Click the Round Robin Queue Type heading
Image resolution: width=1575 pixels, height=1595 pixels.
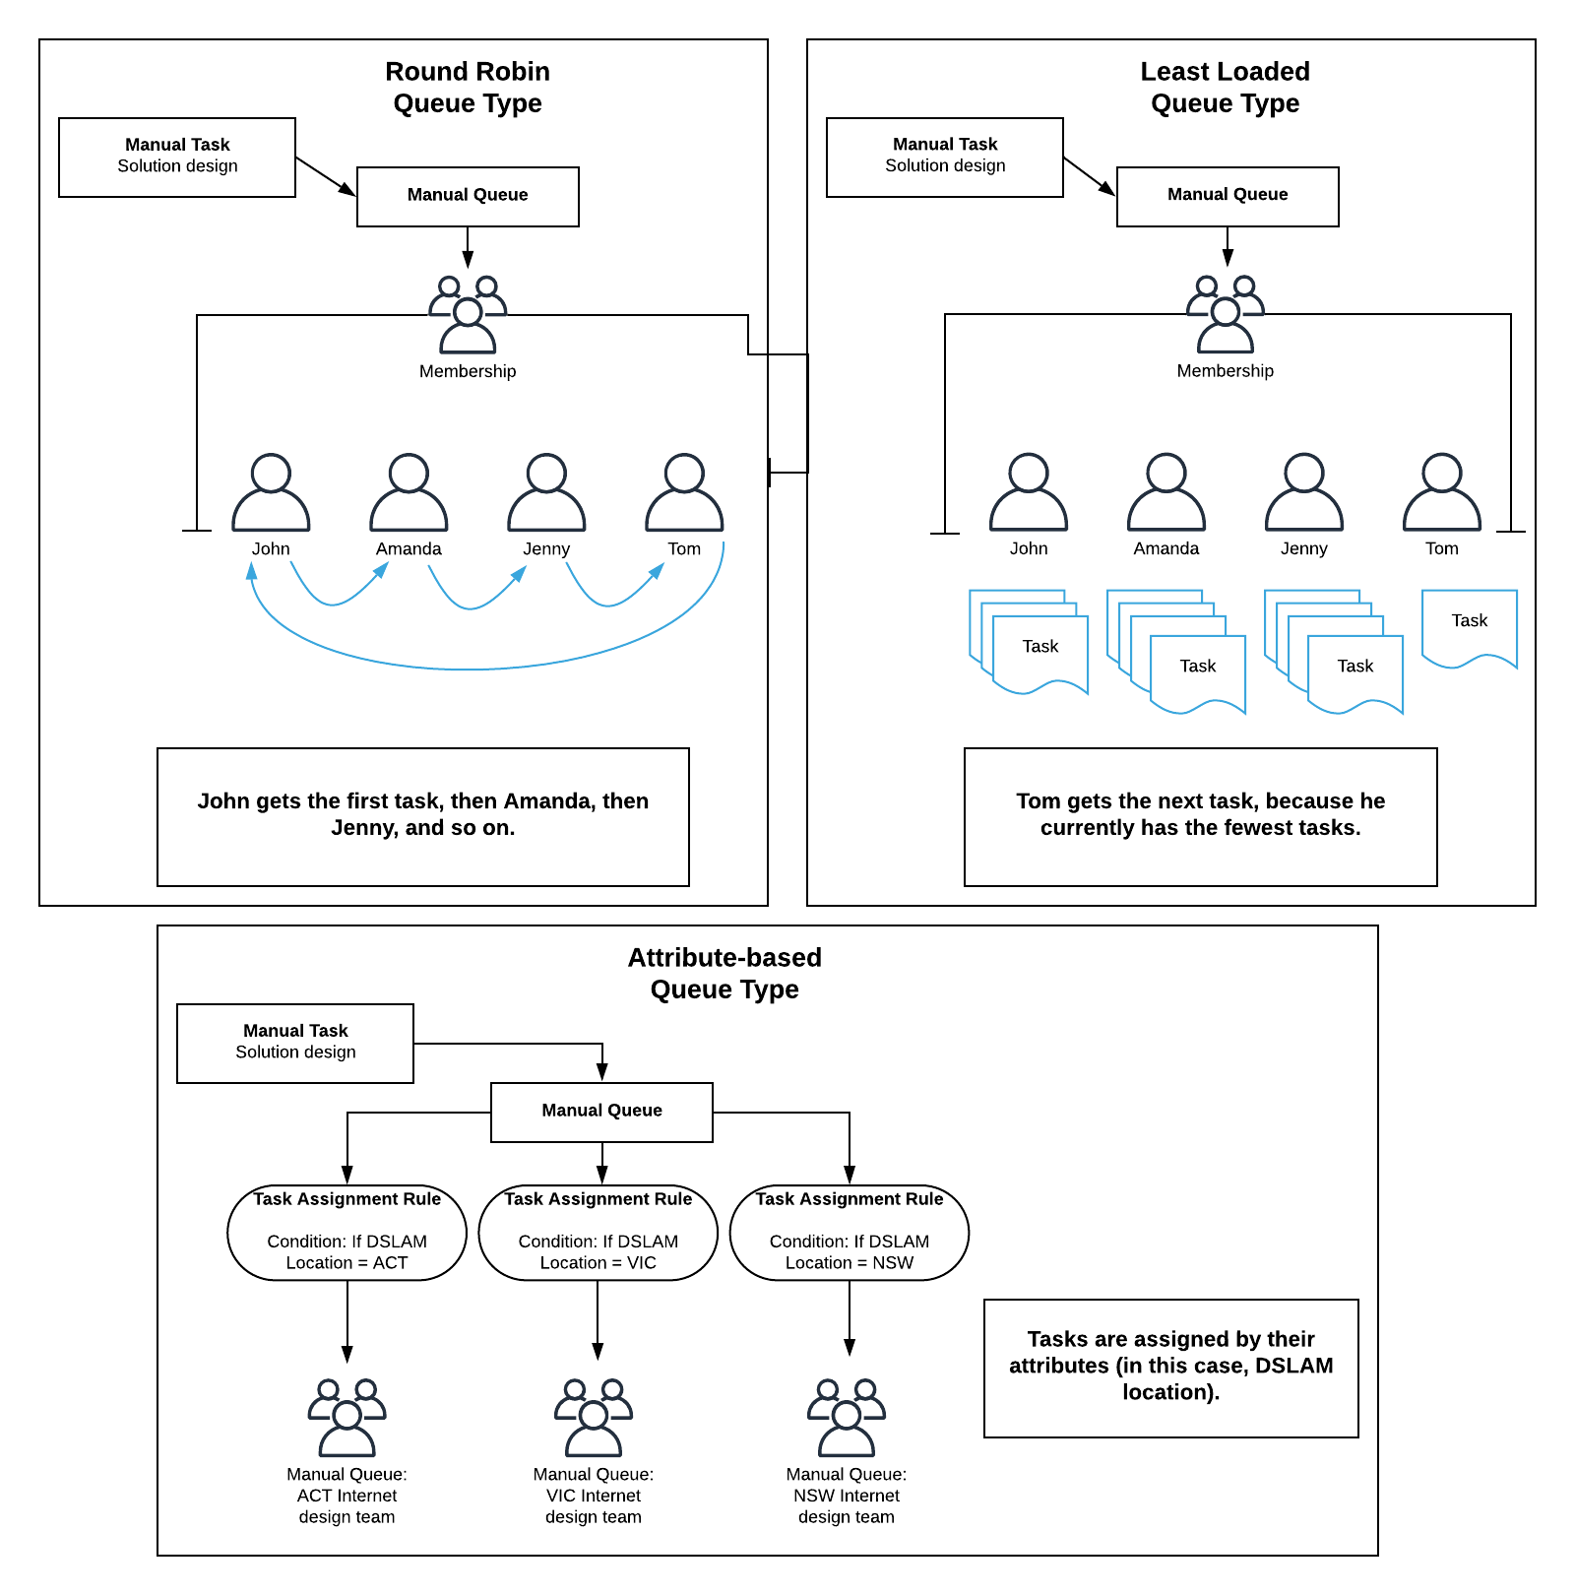coord(467,88)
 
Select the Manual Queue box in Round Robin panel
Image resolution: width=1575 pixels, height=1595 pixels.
coord(468,196)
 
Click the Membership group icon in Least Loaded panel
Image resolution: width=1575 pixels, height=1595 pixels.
coord(1225,315)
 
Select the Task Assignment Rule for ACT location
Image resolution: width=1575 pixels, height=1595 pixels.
coord(346,1232)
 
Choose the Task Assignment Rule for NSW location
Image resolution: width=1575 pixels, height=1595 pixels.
coord(849,1232)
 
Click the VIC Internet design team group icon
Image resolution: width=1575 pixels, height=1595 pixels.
coord(593,1418)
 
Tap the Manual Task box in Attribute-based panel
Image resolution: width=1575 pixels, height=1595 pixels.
coord(295,1043)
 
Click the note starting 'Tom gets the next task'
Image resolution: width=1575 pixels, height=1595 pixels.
coord(1200,815)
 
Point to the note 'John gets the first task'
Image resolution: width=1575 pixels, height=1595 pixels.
coord(422,815)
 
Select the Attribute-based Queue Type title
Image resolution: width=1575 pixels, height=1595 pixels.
coord(724,973)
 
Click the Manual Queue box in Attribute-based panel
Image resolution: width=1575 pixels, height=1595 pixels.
coord(601,1112)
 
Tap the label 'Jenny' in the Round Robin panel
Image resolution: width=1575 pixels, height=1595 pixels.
coord(546,549)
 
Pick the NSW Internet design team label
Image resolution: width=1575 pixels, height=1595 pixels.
coord(846,1495)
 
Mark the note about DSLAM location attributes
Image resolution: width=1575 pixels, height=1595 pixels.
coord(1170,1367)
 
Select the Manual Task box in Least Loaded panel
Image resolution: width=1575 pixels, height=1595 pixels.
coord(944,157)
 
